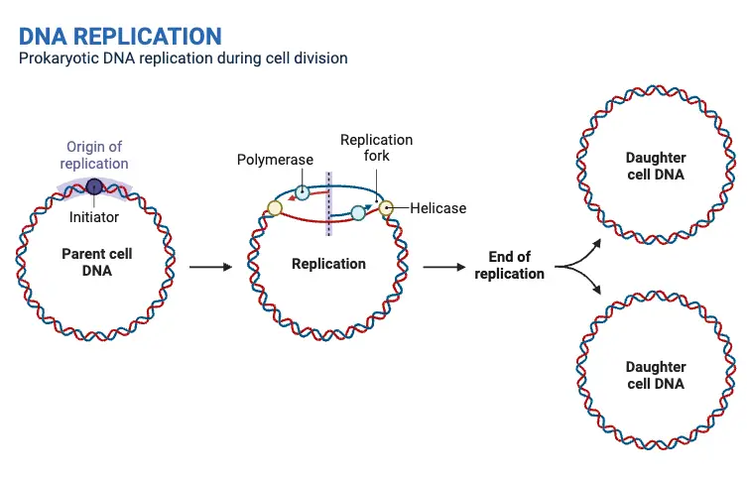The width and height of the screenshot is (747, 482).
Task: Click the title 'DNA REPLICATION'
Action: pyautogui.click(x=120, y=36)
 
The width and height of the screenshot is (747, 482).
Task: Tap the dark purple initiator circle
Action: pyautogui.click(x=94, y=185)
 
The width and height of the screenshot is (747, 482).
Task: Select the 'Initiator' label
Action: pyautogui.click(x=94, y=216)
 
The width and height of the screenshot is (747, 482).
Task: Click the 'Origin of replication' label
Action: pyautogui.click(x=94, y=155)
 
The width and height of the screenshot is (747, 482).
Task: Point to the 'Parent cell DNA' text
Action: pyautogui.click(x=96, y=262)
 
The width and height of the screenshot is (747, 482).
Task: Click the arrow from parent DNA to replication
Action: pyautogui.click(x=209, y=266)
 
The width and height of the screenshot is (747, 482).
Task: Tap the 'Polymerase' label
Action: pyautogui.click(x=275, y=160)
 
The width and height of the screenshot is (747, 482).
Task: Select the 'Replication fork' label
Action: pyautogui.click(x=376, y=148)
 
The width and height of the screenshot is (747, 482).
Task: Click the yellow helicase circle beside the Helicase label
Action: pyautogui.click(x=387, y=208)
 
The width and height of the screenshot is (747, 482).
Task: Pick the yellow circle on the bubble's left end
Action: pyautogui.click(x=275, y=208)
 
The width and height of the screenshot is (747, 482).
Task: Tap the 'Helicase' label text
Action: pyautogui.click(x=437, y=208)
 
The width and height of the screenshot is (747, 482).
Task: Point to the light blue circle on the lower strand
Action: pyautogui.click(x=359, y=212)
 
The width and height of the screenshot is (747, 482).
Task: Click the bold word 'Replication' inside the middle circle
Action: pyautogui.click(x=328, y=264)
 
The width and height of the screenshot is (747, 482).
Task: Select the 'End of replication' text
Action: pyautogui.click(x=509, y=266)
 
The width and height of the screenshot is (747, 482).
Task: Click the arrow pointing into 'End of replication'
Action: pyautogui.click(x=444, y=266)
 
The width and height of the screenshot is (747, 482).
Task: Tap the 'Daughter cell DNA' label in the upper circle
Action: pyautogui.click(x=656, y=166)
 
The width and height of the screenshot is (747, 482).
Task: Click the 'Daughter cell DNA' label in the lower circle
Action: pyautogui.click(x=656, y=375)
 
